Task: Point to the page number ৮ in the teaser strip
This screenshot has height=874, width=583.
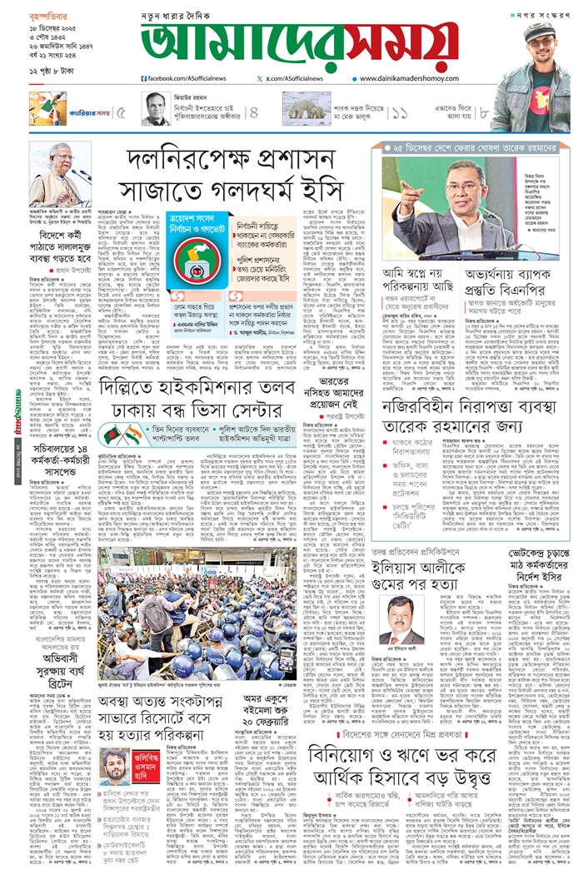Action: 484,112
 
